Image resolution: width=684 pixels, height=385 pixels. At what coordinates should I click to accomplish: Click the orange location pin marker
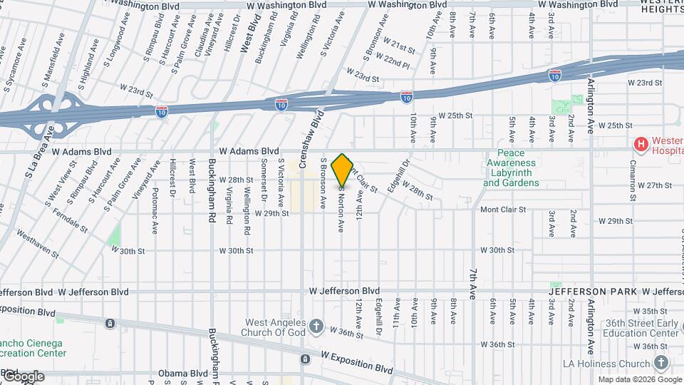pyautogui.click(x=343, y=170)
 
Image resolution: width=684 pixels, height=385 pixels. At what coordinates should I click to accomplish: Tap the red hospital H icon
pyautogui.click(x=641, y=145)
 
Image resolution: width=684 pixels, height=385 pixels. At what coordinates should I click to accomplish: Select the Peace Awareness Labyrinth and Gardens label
pyautogui.click(x=511, y=168)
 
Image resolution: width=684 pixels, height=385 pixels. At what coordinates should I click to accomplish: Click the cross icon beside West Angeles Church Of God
pyautogui.click(x=316, y=327)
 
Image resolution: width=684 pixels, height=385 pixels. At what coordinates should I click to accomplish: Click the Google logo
pyautogui.click(x=23, y=376)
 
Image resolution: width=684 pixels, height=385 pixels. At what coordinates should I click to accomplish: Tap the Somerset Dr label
pyautogui.click(x=264, y=175)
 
